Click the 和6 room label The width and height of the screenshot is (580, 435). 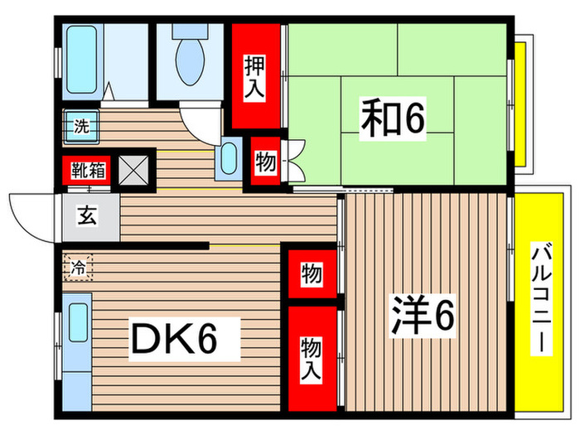coord(391,119)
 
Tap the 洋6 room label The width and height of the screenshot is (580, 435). coord(423,315)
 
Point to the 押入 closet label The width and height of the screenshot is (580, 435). coord(254,76)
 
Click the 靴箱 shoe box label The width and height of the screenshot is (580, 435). coord(86,171)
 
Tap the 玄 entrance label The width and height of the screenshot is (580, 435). coord(86,217)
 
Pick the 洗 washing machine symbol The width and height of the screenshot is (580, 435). coord(80,128)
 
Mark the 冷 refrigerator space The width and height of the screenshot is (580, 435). coord(78,267)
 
